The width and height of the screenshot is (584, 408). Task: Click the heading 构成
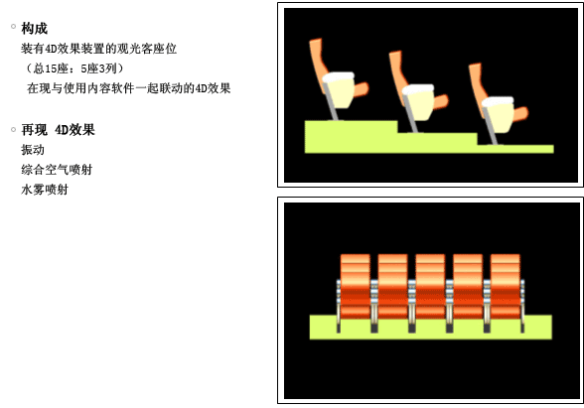click(x=34, y=28)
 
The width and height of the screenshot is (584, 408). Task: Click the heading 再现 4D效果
click(x=58, y=130)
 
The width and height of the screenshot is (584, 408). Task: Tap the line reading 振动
click(x=33, y=150)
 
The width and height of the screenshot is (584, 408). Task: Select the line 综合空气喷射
click(x=57, y=170)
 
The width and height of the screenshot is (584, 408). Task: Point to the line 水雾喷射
click(x=45, y=190)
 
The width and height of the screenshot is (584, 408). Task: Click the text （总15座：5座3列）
click(x=73, y=68)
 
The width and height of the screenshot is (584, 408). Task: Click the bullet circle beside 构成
click(x=14, y=26)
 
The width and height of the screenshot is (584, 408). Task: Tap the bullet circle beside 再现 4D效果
click(x=14, y=129)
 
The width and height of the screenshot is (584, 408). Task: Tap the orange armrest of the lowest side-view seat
click(x=520, y=113)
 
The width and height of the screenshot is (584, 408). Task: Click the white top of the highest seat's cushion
click(x=338, y=77)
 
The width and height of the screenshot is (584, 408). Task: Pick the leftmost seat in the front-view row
click(x=356, y=286)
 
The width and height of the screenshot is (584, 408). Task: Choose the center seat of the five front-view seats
click(x=430, y=286)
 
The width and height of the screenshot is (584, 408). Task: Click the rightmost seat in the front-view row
click(x=505, y=286)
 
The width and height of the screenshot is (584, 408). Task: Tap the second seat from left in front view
click(x=392, y=286)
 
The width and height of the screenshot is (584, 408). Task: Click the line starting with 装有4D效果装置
click(x=98, y=49)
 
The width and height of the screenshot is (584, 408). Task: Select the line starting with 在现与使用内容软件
click(x=129, y=88)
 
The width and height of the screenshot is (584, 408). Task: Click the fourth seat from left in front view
click(x=468, y=286)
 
